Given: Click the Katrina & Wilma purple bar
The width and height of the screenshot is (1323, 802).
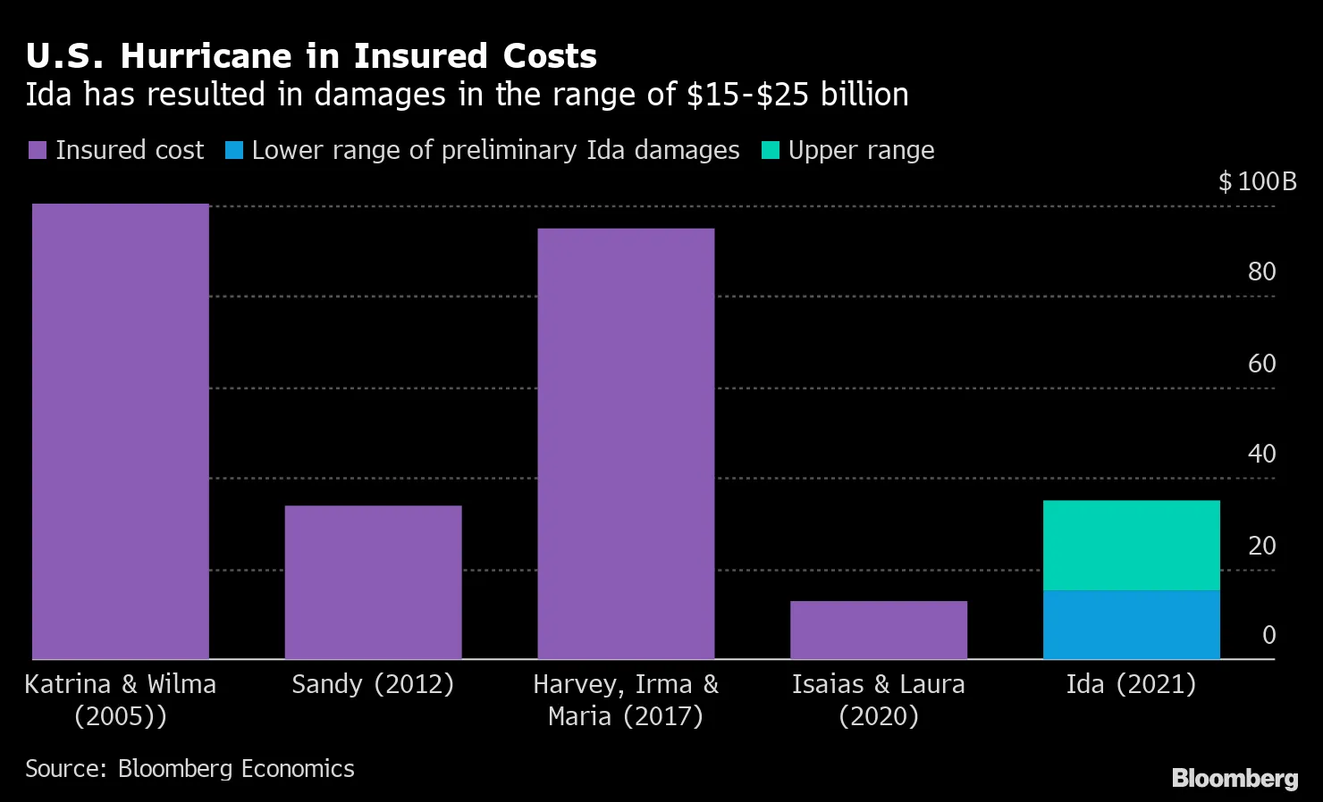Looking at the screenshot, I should click(x=120, y=431).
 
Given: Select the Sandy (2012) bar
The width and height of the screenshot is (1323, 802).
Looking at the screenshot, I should click(x=373, y=582).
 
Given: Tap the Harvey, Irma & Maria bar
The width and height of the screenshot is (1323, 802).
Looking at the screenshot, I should click(x=626, y=444).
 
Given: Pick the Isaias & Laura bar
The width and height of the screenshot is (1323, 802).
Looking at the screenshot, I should click(x=879, y=630).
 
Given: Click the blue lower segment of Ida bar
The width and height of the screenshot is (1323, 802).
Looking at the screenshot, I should click(x=1131, y=624).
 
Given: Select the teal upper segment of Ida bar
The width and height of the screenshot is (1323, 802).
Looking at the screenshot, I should click(x=1131, y=545).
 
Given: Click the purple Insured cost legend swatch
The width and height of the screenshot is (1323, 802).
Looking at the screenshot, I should click(x=37, y=150).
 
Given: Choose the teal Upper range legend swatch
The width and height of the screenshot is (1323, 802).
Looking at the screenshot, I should click(x=770, y=150).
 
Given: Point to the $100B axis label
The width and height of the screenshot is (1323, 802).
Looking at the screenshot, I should click(x=1257, y=182).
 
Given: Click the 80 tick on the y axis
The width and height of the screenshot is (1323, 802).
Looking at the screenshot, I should click(x=1261, y=272).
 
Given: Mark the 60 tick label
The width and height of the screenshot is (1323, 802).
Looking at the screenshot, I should click(x=1261, y=363).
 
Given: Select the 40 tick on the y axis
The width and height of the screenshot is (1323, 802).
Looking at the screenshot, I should click(x=1261, y=454).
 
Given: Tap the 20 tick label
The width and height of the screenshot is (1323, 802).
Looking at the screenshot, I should click(x=1261, y=546).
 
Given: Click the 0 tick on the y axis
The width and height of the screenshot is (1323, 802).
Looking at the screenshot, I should click(x=1268, y=635).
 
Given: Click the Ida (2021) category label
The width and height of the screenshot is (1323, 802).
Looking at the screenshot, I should click(x=1131, y=684).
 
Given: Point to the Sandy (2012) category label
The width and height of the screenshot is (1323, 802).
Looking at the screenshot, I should click(x=373, y=684).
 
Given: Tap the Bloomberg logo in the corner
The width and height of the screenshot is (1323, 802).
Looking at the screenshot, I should click(x=1235, y=778).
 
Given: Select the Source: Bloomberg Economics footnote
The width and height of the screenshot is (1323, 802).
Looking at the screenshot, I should click(x=190, y=769).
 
